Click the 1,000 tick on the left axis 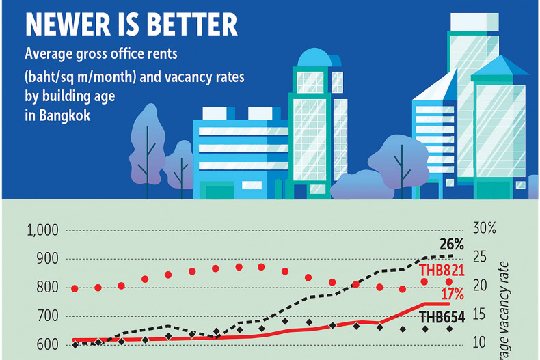click(43, 230)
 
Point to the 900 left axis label click(47, 259)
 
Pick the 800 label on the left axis click(47, 288)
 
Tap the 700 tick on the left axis click(47, 316)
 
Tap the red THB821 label click(442, 270)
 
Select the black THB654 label click(442, 317)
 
